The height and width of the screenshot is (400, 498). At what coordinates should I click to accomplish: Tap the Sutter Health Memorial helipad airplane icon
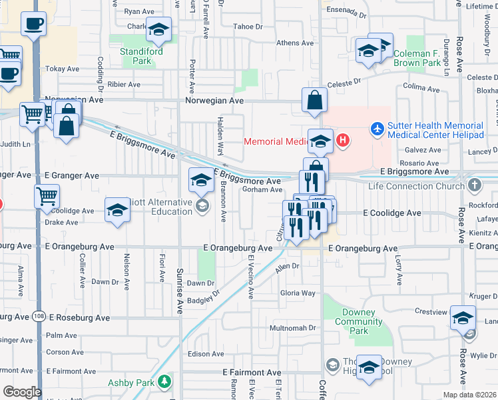377,127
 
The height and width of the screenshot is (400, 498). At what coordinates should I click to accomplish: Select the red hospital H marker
342,140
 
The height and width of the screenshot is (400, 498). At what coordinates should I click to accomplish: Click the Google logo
21,392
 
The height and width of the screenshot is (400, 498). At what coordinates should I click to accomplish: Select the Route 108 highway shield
38,318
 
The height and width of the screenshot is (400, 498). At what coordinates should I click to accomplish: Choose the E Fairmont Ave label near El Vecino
252,372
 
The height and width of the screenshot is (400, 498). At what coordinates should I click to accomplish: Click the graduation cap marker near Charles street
158,29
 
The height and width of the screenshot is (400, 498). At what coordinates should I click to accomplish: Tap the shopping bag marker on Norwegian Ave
314,101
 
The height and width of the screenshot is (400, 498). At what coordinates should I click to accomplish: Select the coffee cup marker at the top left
33,24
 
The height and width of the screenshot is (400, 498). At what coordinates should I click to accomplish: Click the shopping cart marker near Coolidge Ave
47,196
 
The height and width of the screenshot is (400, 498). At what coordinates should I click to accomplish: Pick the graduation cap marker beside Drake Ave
117,209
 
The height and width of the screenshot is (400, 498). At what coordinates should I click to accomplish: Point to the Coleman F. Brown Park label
426,58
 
